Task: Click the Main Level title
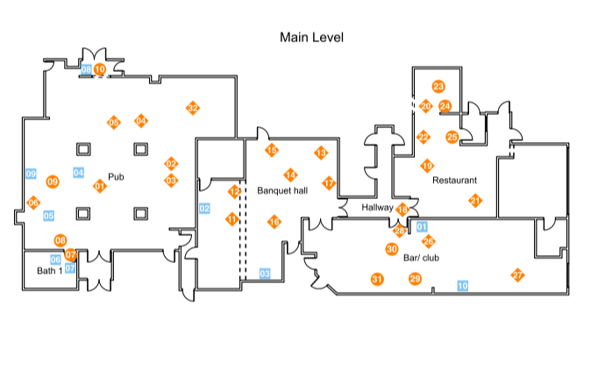311,37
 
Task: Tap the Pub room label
116,176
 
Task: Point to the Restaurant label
454,180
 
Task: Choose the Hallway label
378,208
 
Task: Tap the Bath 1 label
49,271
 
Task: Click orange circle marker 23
438,86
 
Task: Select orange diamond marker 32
193,108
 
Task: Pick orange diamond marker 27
517,275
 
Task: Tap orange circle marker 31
377,280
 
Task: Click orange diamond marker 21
475,201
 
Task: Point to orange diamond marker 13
321,153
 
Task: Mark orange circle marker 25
452,137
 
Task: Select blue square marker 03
264,273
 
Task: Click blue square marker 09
31,174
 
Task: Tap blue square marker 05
49,216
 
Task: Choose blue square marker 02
204,209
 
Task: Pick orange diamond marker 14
290,175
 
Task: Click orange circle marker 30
392,249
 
